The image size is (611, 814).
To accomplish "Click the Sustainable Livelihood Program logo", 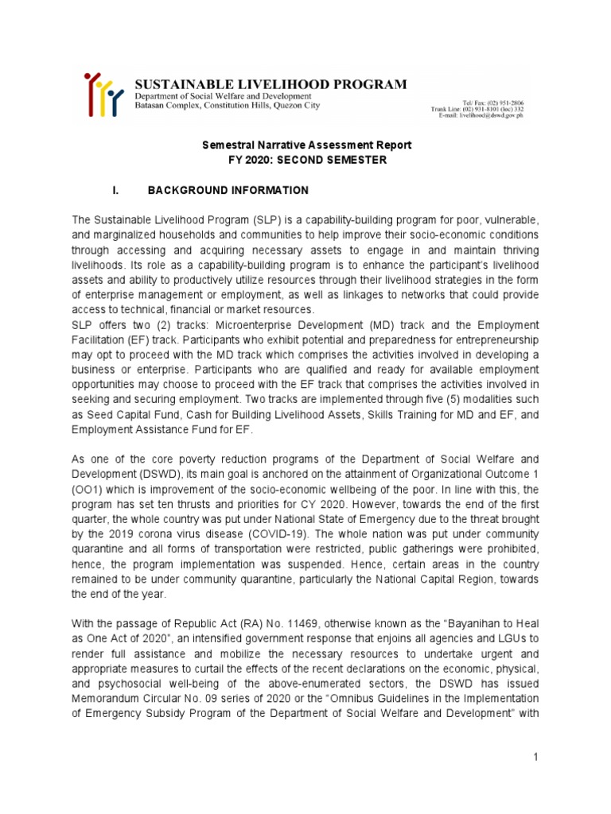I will click(x=103, y=94).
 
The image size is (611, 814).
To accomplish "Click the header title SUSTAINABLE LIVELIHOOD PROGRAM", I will click(x=270, y=84).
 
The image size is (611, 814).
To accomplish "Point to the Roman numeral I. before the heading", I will click(x=116, y=191).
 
